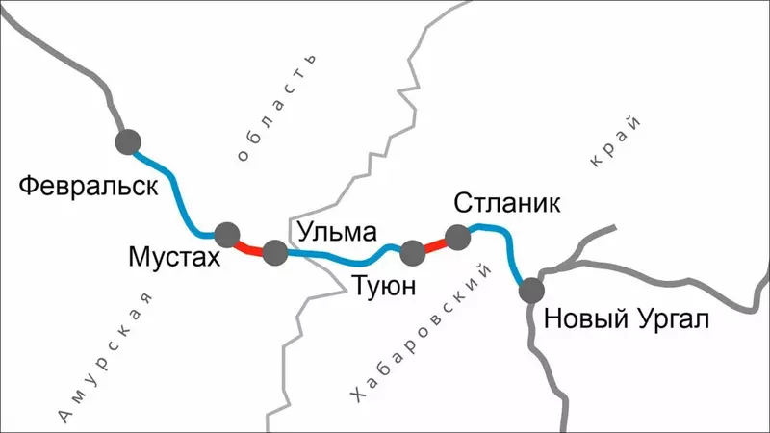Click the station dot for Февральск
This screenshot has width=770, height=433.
pos(128,142)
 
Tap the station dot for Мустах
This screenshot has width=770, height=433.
pos(227,234)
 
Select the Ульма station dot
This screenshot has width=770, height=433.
pos(274,254)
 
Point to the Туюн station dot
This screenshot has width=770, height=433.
pos(412,252)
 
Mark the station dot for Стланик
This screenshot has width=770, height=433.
pos(458,236)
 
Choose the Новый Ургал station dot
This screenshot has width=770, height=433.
pos(531,289)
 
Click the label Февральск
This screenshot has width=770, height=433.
pos(88,185)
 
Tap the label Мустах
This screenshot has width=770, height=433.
pos(175,258)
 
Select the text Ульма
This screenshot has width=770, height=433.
pos(336,231)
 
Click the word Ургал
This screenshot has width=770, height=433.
pos(670,318)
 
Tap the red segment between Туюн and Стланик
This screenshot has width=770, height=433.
pos(435,244)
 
